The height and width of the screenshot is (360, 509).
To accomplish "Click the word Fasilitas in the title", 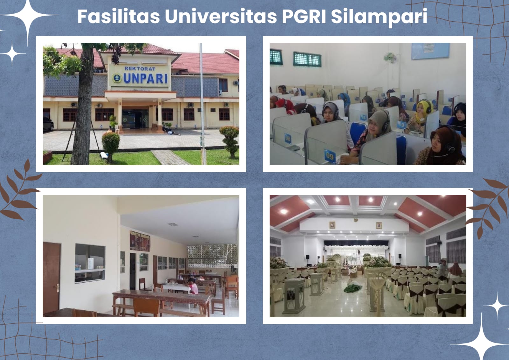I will (x=118, y=16).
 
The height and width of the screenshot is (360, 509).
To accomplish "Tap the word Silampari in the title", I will (x=379, y=17).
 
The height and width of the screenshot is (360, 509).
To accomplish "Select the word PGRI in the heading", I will (x=304, y=16).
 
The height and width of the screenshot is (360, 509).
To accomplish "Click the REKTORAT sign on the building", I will (x=140, y=68).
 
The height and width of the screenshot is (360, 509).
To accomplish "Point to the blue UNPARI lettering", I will (x=145, y=78).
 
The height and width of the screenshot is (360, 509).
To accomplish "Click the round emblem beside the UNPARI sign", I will (x=117, y=77).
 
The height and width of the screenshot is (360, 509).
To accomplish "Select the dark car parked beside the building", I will (x=48, y=124).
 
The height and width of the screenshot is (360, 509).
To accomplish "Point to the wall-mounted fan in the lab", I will (x=390, y=58).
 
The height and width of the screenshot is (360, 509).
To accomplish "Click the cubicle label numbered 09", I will (x=330, y=156).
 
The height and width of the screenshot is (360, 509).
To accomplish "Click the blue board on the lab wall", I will (x=430, y=51).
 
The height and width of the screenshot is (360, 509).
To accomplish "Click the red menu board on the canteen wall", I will (x=140, y=241).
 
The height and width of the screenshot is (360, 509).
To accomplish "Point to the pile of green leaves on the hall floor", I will (x=352, y=288).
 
